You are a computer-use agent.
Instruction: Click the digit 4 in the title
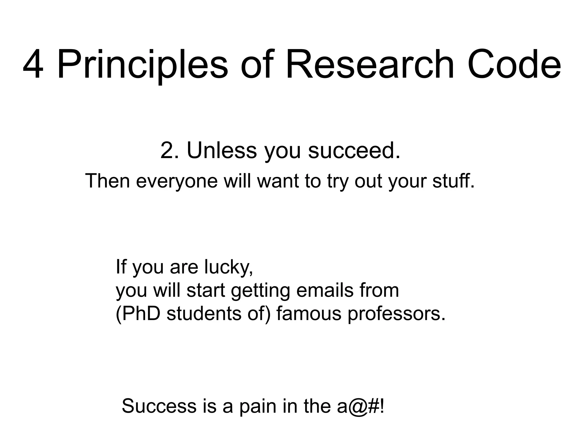tap(33, 65)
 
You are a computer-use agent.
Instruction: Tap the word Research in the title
tap(370, 65)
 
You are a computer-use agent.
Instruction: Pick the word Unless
tap(222, 151)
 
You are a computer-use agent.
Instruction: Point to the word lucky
tap(229, 267)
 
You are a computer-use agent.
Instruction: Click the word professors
tap(397, 314)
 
